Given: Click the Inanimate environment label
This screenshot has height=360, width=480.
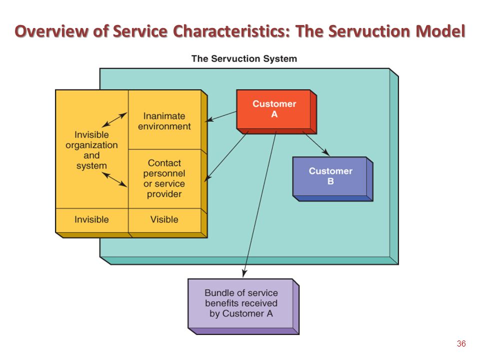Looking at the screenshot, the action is [x=164, y=121].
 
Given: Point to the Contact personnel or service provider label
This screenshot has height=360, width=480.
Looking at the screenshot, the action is [x=164, y=178].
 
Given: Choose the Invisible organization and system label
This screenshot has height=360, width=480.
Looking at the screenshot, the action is [x=91, y=150].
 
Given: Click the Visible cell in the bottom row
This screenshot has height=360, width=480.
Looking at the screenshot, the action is [x=164, y=219].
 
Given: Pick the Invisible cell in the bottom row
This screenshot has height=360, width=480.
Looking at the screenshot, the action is [x=91, y=219].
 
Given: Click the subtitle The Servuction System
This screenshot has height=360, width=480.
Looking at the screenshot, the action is [x=244, y=58].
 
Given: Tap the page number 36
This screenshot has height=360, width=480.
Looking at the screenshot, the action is [x=461, y=344].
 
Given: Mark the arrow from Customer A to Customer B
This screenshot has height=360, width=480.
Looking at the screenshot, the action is [x=316, y=143].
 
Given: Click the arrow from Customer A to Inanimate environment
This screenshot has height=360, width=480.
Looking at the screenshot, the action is [x=221, y=116].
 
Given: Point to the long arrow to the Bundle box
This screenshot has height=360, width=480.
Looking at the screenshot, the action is [x=259, y=204].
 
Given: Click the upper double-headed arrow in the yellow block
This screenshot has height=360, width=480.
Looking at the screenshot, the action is [x=114, y=119].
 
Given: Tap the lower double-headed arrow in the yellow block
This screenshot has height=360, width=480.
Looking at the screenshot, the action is [x=114, y=179].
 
